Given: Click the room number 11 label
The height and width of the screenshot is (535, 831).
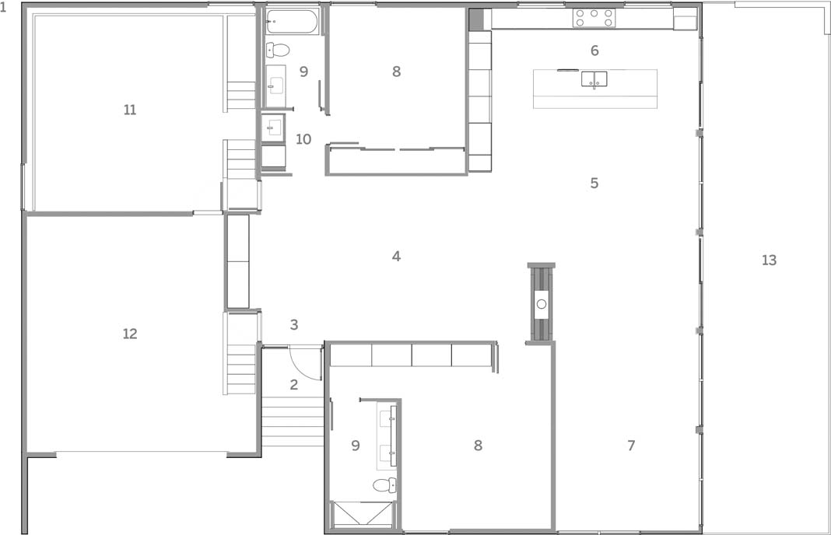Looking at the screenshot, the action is [130, 110].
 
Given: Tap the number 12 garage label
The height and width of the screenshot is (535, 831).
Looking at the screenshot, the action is [130, 334].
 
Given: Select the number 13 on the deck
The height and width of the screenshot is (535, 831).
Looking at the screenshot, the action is [769, 260].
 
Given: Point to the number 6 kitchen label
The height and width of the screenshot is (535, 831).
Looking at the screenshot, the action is [594, 51].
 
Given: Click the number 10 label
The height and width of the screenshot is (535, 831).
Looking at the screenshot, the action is [303, 139].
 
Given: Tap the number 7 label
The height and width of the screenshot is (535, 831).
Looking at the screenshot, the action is [631, 446].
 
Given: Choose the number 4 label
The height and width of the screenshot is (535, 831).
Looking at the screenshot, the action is [396, 257].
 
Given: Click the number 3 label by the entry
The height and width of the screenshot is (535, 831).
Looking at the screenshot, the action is [294, 325].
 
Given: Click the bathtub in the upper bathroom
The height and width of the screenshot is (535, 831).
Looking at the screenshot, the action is [292, 22].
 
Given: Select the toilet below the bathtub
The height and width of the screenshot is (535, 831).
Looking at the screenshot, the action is [278, 50].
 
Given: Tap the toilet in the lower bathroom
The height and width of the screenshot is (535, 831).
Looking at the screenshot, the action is [384, 485].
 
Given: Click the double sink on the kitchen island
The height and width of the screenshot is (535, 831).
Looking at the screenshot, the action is [594, 79].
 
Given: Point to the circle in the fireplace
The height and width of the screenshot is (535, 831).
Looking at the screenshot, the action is [541, 304].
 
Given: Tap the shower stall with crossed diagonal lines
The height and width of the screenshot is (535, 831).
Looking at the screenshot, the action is [363, 514].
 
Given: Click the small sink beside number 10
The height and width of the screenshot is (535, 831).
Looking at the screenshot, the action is [273, 127].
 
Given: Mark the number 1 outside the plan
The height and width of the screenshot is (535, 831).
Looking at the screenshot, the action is [3, 9].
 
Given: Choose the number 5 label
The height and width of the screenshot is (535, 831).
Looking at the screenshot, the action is [594, 183].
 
